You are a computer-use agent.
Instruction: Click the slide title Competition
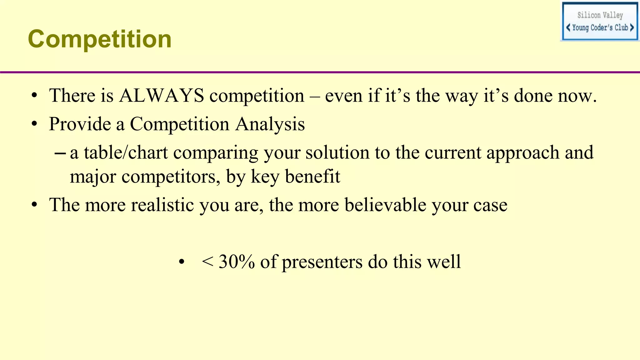pos(100,39)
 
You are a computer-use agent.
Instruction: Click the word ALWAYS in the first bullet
pos(162,96)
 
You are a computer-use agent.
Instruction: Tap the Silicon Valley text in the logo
pos(600,15)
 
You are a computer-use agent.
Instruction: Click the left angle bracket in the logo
pos(568,27)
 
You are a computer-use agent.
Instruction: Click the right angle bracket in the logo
pos(632,27)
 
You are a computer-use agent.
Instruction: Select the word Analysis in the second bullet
pos(270,124)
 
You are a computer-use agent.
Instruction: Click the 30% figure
pos(237,262)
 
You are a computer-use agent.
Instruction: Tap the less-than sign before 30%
pos(207,262)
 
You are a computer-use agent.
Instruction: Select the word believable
pos(385,205)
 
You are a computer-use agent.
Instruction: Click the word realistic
pos(162,205)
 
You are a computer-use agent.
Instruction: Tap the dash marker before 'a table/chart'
pos(60,153)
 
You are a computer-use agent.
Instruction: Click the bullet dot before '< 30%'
pos(182,262)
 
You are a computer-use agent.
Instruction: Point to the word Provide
pos(80,124)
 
